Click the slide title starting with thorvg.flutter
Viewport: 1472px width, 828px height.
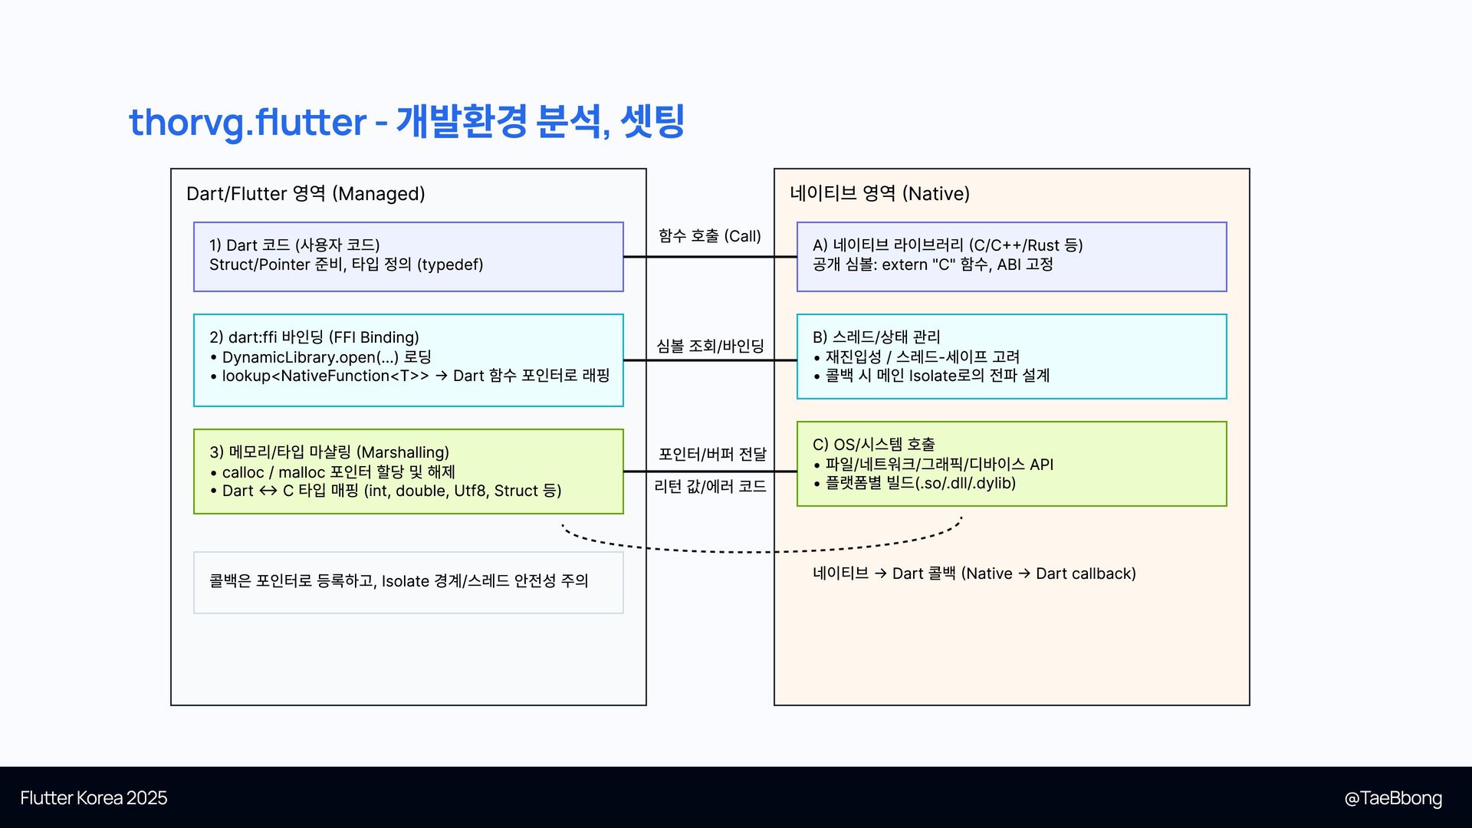[x=406, y=122]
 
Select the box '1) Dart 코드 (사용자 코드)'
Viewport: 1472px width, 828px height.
[x=408, y=257]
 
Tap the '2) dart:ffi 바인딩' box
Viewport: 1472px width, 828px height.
[x=408, y=360]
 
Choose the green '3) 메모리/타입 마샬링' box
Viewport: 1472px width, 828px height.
[x=408, y=472]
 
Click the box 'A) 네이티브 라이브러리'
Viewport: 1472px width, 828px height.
[x=1011, y=257]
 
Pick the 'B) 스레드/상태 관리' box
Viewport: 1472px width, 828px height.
[x=1011, y=356]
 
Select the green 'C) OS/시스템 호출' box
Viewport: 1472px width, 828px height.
[x=1011, y=464]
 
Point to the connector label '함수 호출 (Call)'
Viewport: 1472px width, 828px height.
[x=709, y=236]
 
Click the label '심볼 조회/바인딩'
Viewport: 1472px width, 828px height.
[x=710, y=347]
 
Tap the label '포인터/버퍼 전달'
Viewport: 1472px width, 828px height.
[x=712, y=455]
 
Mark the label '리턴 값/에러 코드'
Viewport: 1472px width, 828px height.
[x=710, y=487]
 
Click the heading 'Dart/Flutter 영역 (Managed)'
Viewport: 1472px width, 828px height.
[x=305, y=194]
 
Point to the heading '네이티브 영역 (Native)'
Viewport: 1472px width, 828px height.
[x=879, y=194]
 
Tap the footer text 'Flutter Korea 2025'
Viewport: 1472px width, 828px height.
[x=94, y=798]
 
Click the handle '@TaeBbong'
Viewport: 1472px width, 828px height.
[x=1392, y=798]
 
